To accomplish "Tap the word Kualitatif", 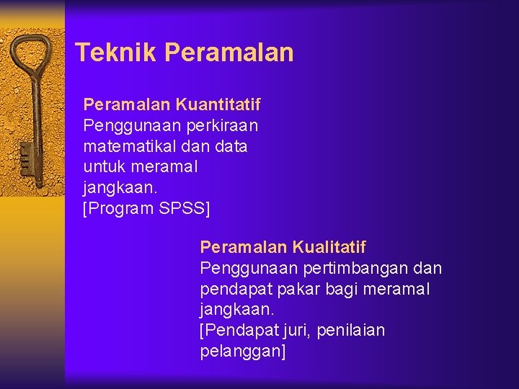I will (329, 248).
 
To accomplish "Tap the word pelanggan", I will (241, 352).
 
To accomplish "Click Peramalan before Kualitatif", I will (244, 248).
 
